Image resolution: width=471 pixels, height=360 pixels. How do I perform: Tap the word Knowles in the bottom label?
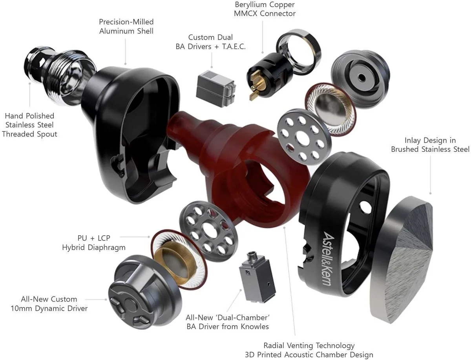coord(255,327)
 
